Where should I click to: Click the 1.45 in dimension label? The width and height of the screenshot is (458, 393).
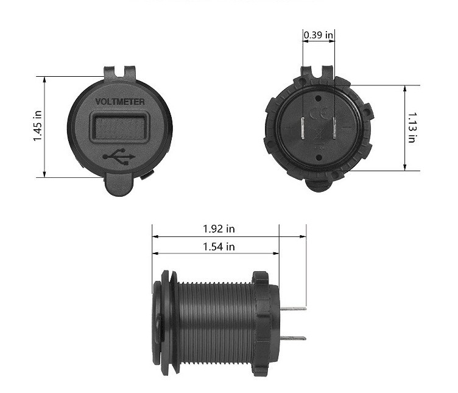click(x=38, y=126)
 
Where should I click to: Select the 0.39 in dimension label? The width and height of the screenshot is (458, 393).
click(x=319, y=35)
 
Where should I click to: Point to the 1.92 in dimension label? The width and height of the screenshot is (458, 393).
click(x=219, y=229)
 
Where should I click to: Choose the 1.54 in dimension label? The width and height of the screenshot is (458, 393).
click(x=219, y=247)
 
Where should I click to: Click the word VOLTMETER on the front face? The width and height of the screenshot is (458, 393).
click(x=120, y=101)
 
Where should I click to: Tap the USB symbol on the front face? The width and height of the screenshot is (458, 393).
click(x=119, y=157)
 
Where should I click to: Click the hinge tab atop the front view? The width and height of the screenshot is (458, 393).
click(x=119, y=72)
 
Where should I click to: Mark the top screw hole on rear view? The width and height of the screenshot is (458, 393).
click(x=318, y=96)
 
